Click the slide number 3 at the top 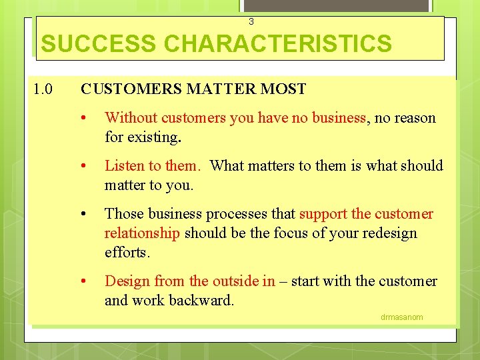(251, 22)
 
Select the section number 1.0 (44, 89)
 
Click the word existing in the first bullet (154, 137)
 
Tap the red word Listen (125, 166)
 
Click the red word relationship (142, 233)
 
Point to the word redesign (385, 233)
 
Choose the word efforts (128, 252)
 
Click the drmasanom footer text (401, 317)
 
